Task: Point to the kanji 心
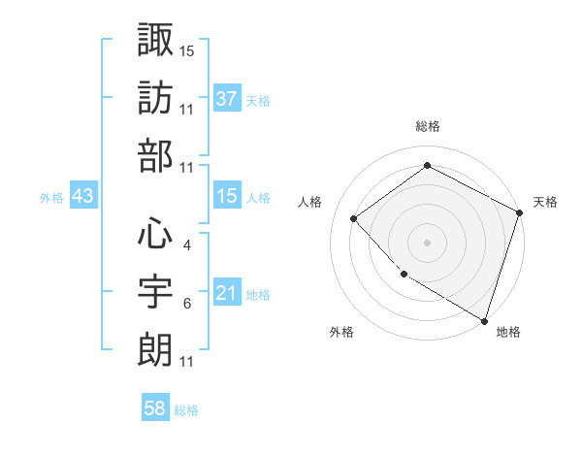(x=155, y=232)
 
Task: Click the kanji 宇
(x=155, y=291)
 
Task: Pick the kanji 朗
(x=155, y=350)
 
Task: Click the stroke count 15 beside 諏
(x=187, y=49)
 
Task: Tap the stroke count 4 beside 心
(x=186, y=244)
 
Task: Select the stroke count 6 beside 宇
(x=186, y=304)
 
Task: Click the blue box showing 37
(x=226, y=100)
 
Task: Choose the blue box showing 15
(x=226, y=197)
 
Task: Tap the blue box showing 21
(x=226, y=294)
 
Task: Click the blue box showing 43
(x=83, y=197)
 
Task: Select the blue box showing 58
(x=155, y=409)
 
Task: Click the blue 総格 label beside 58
(x=186, y=410)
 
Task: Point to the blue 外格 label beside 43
(x=51, y=198)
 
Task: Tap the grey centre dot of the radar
(x=427, y=242)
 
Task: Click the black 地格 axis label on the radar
(x=508, y=332)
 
